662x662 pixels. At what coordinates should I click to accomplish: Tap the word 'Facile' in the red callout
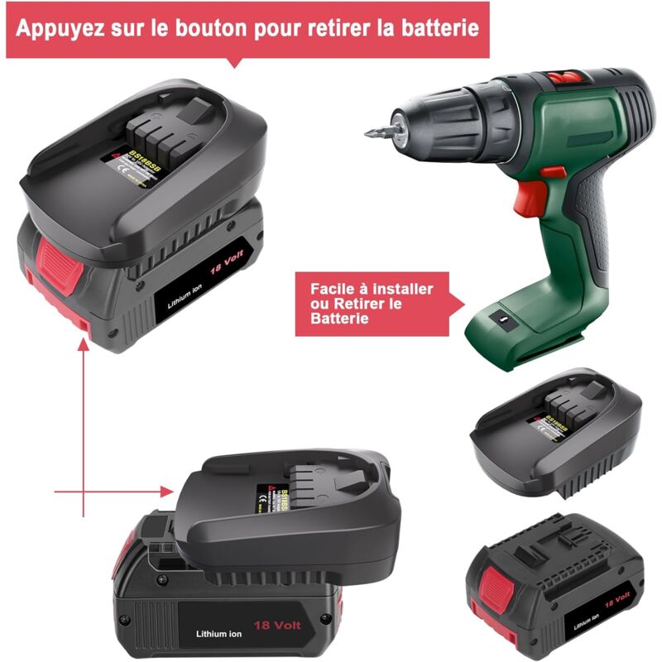pos(336,290)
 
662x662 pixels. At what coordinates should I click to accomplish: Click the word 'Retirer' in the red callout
pos(361,305)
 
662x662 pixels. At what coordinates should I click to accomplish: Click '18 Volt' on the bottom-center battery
pos(277,626)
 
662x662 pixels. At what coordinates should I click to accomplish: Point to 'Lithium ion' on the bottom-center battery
pos(218,634)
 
